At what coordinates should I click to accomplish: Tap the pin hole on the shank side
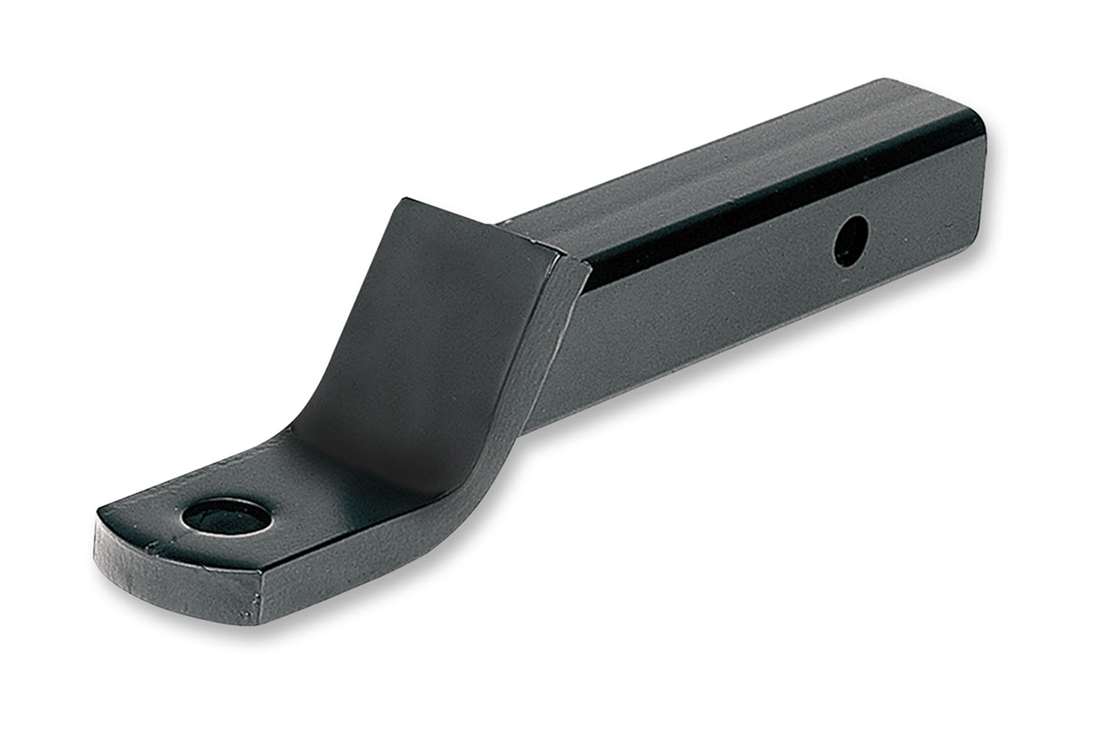[851, 240]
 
